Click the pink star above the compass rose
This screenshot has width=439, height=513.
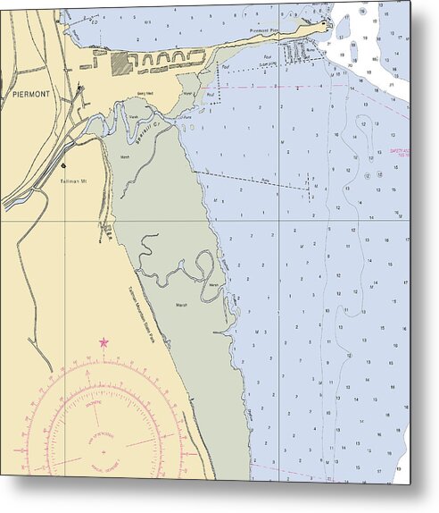(104, 342)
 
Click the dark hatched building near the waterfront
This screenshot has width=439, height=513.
(118, 63)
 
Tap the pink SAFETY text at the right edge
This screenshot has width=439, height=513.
(402, 151)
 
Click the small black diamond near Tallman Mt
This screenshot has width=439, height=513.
(63, 165)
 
